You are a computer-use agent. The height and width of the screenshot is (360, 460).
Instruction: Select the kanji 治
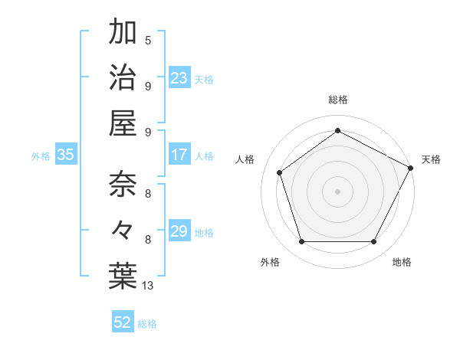tap(123, 77)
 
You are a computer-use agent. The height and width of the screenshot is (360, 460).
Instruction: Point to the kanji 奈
tap(123, 185)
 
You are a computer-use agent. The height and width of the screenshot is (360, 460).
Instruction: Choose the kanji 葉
tap(123, 276)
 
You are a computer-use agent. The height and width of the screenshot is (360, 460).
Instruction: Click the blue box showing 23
tap(179, 78)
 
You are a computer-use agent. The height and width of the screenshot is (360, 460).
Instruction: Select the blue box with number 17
tap(179, 155)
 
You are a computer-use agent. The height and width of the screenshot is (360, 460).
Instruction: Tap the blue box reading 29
tap(179, 231)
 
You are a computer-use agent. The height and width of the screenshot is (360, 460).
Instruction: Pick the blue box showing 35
tap(66, 155)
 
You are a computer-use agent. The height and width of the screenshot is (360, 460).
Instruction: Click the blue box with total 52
tap(123, 322)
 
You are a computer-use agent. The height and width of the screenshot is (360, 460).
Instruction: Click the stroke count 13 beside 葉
tap(148, 286)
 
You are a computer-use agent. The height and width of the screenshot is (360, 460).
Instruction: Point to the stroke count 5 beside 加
tap(148, 40)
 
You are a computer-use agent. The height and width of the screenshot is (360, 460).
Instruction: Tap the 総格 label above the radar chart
tap(337, 100)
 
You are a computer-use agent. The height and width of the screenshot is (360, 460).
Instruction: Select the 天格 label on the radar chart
tap(431, 159)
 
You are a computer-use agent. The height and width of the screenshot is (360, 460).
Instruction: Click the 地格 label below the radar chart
tap(402, 262)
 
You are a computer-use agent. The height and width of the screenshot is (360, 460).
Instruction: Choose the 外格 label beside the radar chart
tap(270, 262)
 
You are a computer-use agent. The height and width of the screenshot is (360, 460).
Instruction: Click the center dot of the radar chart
tap(337, 191)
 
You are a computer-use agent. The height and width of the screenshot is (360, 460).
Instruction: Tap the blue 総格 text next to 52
tap(147, 324)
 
